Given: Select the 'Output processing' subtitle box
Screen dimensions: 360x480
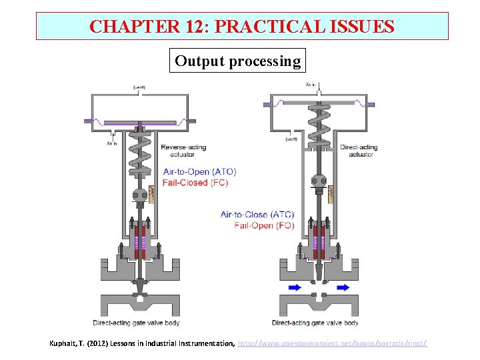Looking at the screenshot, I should pos(237,61).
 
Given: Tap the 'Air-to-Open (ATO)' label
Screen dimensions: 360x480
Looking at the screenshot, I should pos(199,172).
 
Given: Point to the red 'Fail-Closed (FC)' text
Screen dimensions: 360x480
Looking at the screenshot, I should pos(195,183).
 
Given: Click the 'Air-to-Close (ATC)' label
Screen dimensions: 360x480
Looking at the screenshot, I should pos(257,215).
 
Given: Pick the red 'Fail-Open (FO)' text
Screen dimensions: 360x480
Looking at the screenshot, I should pos(264,225).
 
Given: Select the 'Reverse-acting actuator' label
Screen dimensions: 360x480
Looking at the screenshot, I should pos(183,151).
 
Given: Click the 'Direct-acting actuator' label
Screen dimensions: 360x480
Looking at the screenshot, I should pos(359,151).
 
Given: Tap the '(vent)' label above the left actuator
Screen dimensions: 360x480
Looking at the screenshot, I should pos(140,87).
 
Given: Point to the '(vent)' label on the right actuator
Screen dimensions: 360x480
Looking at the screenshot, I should pos(291,139).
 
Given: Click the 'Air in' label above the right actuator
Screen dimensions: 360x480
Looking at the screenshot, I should pos(311,85).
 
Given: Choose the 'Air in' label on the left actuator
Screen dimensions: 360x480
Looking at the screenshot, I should pos(112,143).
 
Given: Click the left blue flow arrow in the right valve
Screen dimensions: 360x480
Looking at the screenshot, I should pos(294,287).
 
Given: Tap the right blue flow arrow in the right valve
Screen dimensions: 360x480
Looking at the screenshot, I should pos(343,287).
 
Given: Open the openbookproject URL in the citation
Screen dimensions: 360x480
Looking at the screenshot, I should pos(333,343).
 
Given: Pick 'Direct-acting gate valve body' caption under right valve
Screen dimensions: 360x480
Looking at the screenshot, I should pos(315,323).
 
